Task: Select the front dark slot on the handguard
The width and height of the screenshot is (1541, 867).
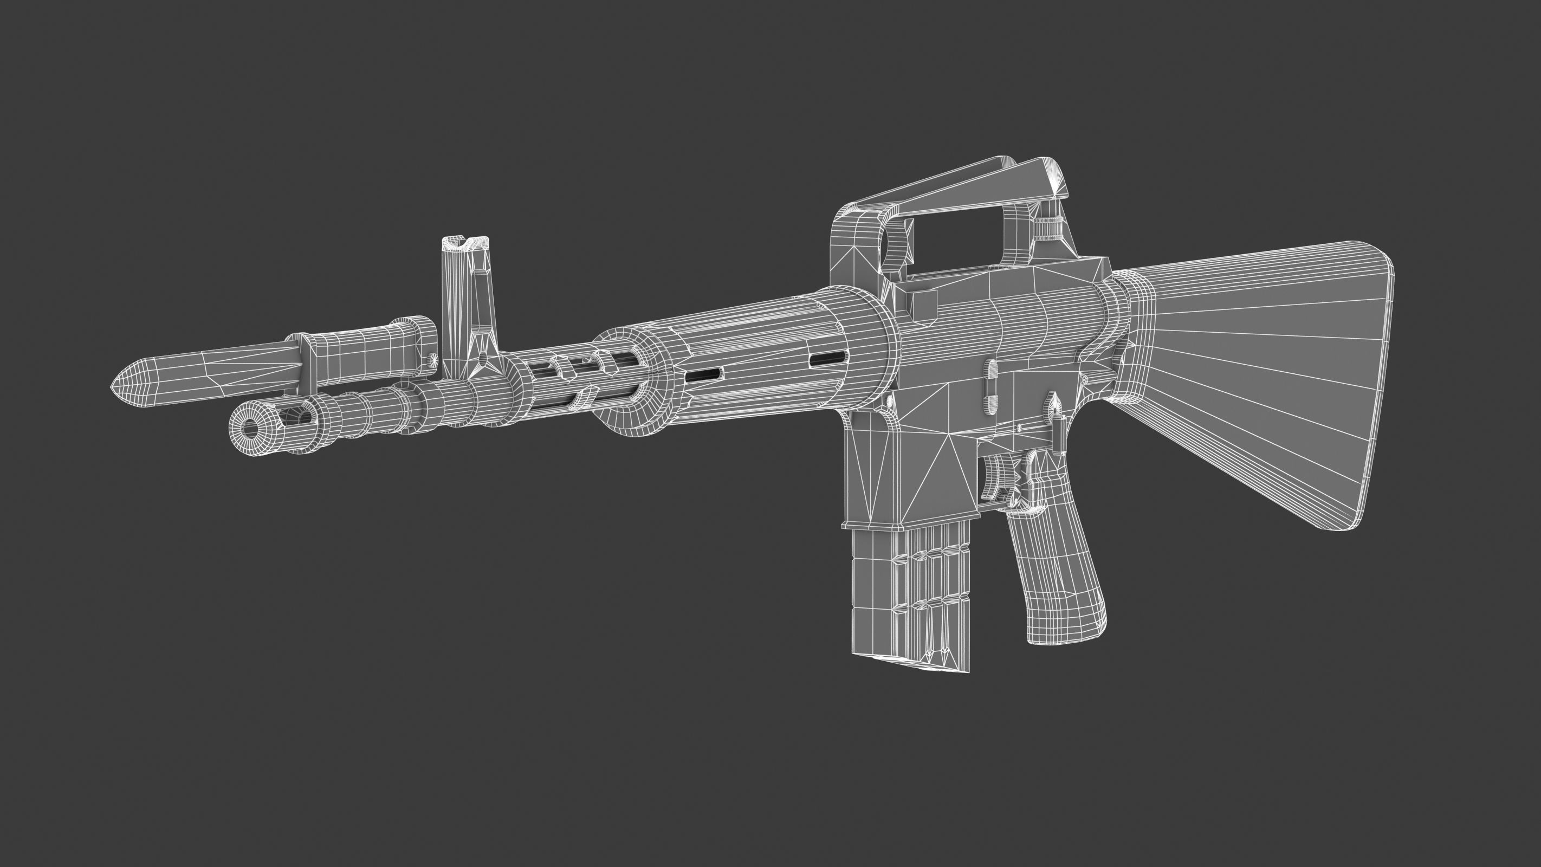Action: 704,375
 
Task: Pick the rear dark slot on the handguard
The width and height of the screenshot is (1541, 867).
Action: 827,358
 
